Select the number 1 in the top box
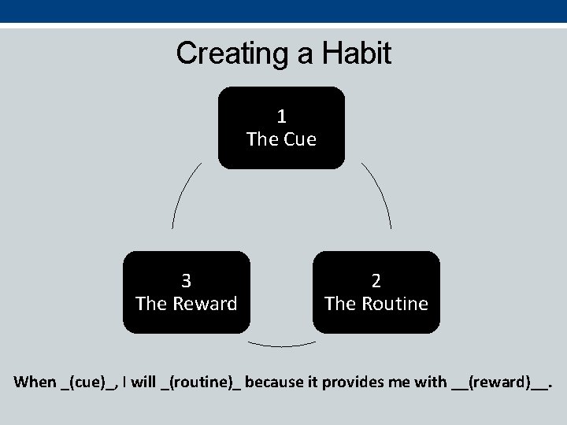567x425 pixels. click(x=281, y=117)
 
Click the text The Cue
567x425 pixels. click(x=281, y=139)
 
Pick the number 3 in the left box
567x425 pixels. click(x=186, y=281)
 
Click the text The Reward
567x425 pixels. click(x=186, y=303)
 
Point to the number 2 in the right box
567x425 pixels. click(x=376, y=281)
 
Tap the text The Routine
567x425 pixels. click(x=376, y=303)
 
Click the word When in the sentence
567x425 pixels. click(x=35, y=383)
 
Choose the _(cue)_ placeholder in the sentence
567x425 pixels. click(x=89, y=383)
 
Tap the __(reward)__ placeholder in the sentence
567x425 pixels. click(x=500, y=383)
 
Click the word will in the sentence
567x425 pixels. click(x=143, y=383)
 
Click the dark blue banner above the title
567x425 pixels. click(x=283, y=11)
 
